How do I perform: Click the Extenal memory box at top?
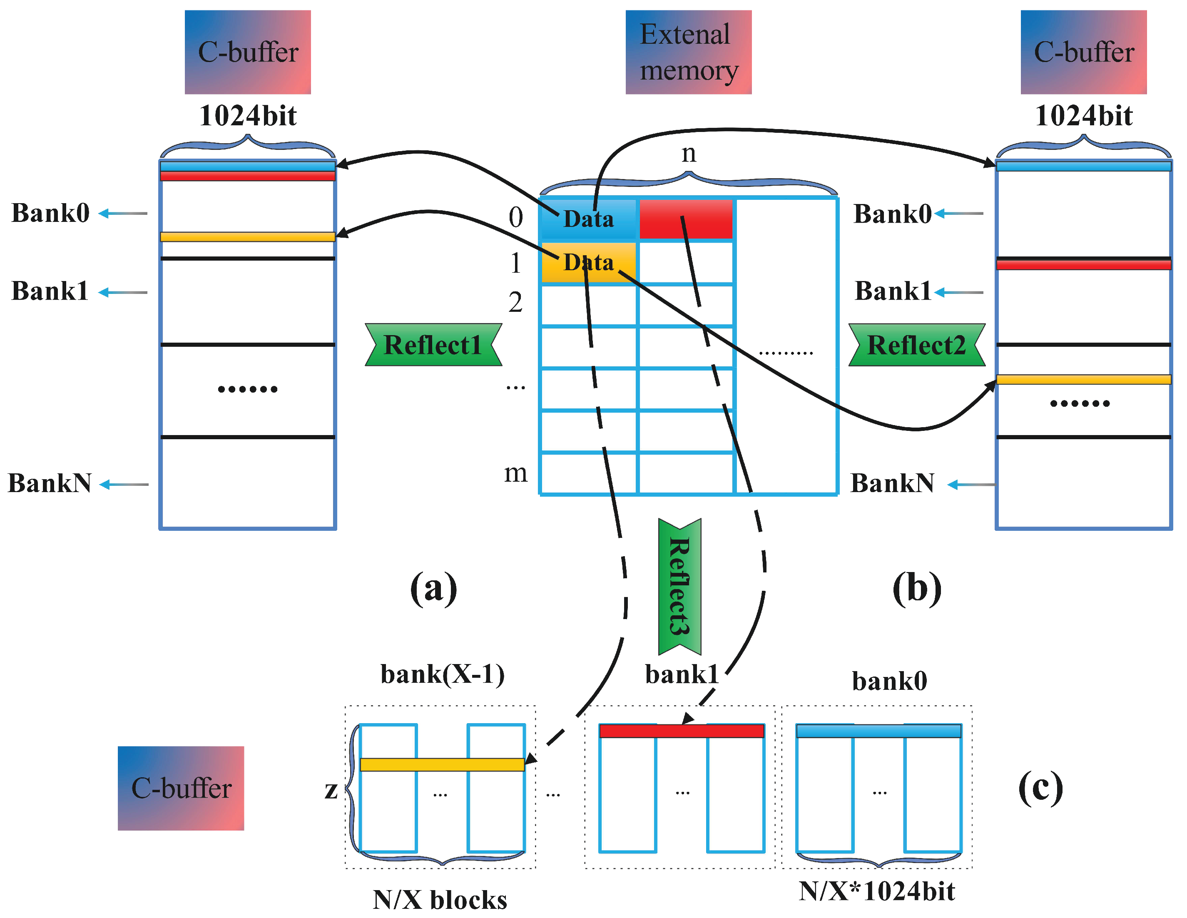coord(688,52)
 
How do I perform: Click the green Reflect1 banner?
coord(433,345)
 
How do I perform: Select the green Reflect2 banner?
coord(916,345)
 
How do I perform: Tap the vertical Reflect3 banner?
coord(679,587)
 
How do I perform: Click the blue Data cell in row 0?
coord(588,219)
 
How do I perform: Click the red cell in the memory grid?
coord(686,219)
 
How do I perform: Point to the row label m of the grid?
coord(515,472)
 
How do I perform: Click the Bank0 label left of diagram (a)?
coord(50,212)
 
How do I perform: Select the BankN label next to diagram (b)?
coord(892,483)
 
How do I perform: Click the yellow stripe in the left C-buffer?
coord(247,236)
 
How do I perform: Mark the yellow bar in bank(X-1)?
coord(442,764)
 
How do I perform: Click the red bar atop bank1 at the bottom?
coord(682,731)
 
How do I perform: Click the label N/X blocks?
coord(440,900)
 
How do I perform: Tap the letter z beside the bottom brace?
coord(331,789)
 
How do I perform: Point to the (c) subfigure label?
coord(1040,788)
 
